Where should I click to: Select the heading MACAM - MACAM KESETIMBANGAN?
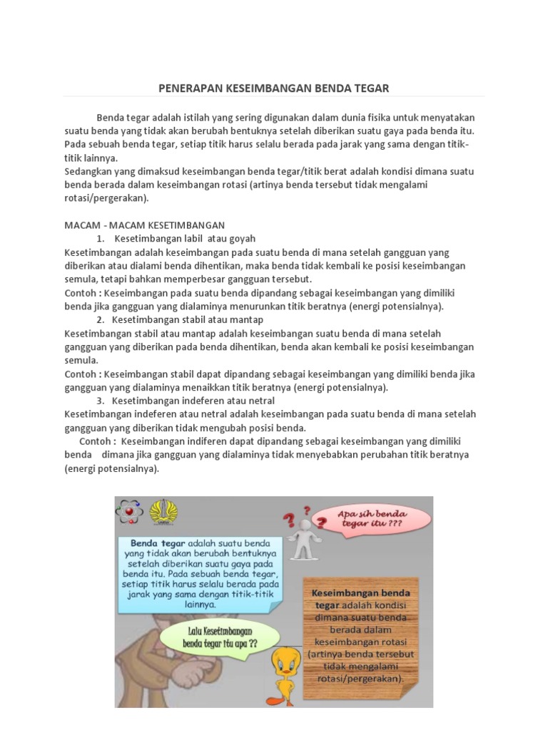coord(145,225)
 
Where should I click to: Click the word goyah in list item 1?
coord(241,238)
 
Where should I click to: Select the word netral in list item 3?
coord(260,401)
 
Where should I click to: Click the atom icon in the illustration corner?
coord(130,511)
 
